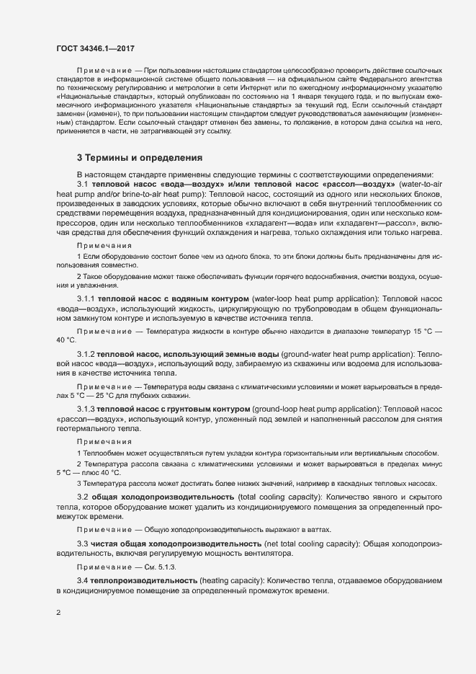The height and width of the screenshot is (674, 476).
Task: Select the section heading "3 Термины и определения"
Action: (140, 158)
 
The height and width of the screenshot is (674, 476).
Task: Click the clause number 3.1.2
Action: (86, 354)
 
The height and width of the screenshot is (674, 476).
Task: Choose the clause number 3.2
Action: (82, 497)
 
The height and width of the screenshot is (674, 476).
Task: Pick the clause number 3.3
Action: (82, 543)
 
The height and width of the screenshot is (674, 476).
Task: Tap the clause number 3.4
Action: (82, 580)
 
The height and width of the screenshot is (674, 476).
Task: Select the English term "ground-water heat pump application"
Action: (346, 354)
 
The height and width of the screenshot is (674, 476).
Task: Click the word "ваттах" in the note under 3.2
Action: (320, 529)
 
